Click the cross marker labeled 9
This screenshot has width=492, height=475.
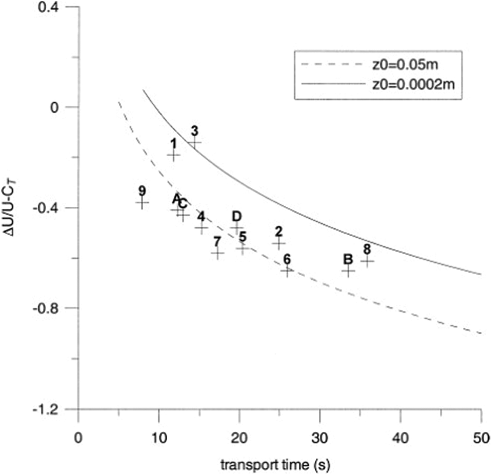point(142,203)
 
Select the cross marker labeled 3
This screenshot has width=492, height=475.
point(195,143)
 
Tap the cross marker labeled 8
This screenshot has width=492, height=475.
point(367,261)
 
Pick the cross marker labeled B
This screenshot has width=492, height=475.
point(348,271)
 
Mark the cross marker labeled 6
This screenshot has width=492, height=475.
point(287,271)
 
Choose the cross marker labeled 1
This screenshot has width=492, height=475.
point(174,155)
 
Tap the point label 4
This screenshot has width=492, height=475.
point(201,216)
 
